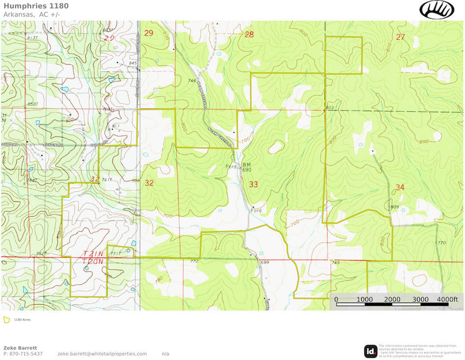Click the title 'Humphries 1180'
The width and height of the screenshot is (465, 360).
click(36, 6)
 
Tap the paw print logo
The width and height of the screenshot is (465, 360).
click(437, 10)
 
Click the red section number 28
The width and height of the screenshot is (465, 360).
click(249, 35)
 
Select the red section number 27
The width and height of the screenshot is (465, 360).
click(401, 37)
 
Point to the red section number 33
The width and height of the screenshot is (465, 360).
click(253, 184)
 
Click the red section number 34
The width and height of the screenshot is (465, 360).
click(401, 188)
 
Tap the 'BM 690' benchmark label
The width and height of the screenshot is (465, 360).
click(246, 167)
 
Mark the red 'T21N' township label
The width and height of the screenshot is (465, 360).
click(93, 253)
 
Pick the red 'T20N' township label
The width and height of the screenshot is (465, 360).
click(93, 261)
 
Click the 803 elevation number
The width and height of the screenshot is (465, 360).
click(329, 108)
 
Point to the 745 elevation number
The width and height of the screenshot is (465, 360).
click(335, 263)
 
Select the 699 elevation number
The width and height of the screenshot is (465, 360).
click(264, 263)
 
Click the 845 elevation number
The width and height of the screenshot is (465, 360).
click(134, 63)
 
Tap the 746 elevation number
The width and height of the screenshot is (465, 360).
click(192, 81)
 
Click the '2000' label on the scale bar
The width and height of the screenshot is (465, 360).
click(392, 300)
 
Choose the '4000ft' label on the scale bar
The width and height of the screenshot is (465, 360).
click(447, 300)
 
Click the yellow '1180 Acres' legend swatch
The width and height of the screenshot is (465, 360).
click(7, 319)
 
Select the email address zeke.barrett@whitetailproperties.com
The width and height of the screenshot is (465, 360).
click(102, 354)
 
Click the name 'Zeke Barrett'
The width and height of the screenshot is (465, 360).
click(20, 348)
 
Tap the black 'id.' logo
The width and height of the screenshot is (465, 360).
click(371, 351)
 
